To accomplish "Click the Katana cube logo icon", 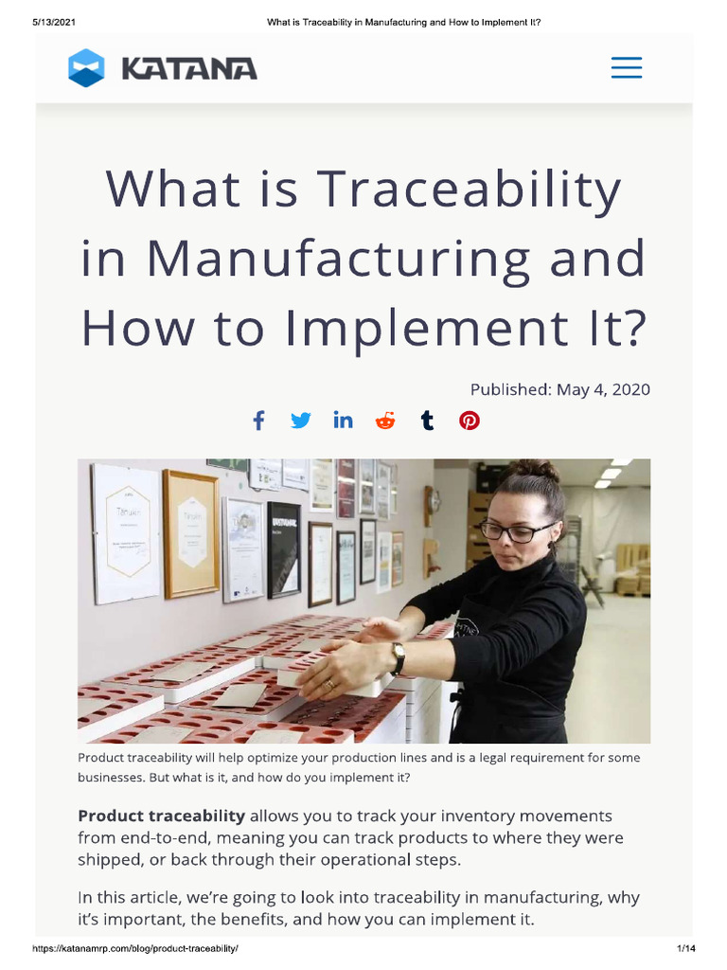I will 86,68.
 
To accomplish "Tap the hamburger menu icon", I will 626,68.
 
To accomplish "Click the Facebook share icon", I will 258,421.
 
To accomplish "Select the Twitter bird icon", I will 300,421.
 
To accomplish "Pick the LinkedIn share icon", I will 343,421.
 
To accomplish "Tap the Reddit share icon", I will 385,421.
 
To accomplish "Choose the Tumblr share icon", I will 428,421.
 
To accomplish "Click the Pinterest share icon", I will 470,421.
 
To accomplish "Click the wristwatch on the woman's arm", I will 399,657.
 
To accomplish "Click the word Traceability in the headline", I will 471,189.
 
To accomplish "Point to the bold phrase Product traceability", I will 161,816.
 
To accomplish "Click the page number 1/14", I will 685,949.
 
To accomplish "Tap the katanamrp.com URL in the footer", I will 135,949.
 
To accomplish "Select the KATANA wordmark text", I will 189,69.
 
